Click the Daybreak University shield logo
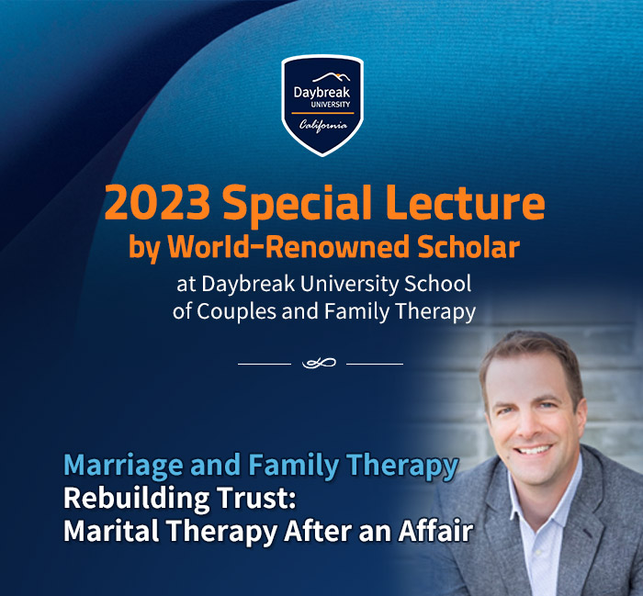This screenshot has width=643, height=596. tap(322, 106)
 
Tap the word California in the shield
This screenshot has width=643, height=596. tap(323, 125)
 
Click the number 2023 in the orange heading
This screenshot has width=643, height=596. tap(157, 203)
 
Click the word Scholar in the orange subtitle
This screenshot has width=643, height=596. tap(468, 247)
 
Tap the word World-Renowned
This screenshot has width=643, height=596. tap(288, 247)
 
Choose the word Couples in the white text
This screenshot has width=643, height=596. tap(237, 312)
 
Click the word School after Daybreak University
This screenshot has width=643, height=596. tap(438, 284)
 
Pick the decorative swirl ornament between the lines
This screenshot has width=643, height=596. tap(319, 363)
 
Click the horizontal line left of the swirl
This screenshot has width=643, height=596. tap(265, 364)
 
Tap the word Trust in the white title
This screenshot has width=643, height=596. tap(256, 498)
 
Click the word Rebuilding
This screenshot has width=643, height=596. tap(137, 500)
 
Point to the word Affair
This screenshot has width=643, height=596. tap(436, 531)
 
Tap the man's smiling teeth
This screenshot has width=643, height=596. tap(534, 450)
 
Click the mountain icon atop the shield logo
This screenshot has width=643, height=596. tap(332, 77)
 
